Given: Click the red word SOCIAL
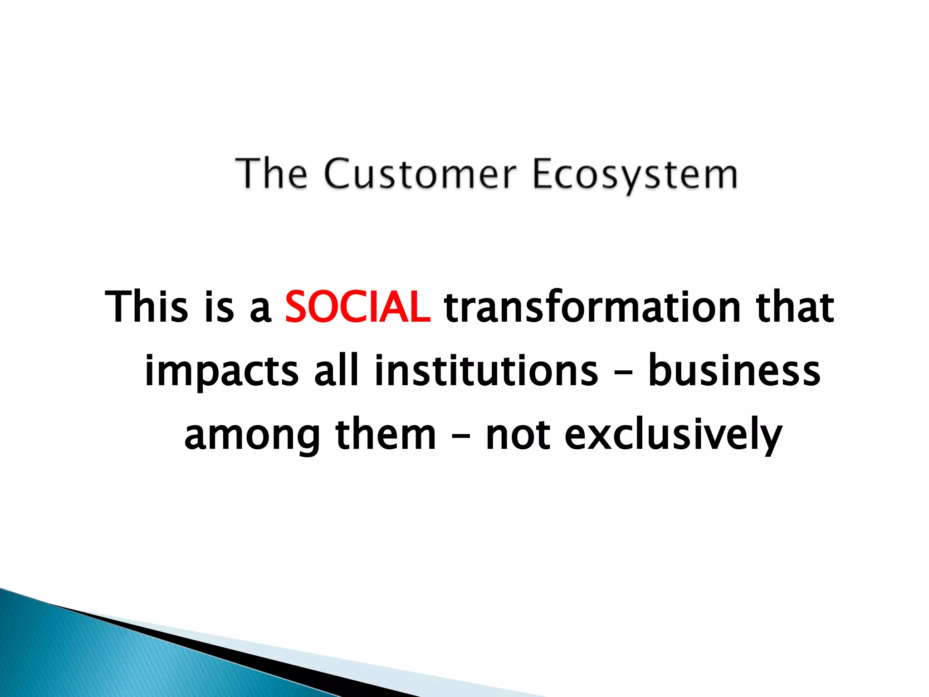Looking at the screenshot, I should (357, 307).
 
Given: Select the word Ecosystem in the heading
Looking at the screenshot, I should (634, 174).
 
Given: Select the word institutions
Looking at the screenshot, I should (486, 371).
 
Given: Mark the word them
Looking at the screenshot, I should (386, 434).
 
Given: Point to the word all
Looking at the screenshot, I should (336, 371).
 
